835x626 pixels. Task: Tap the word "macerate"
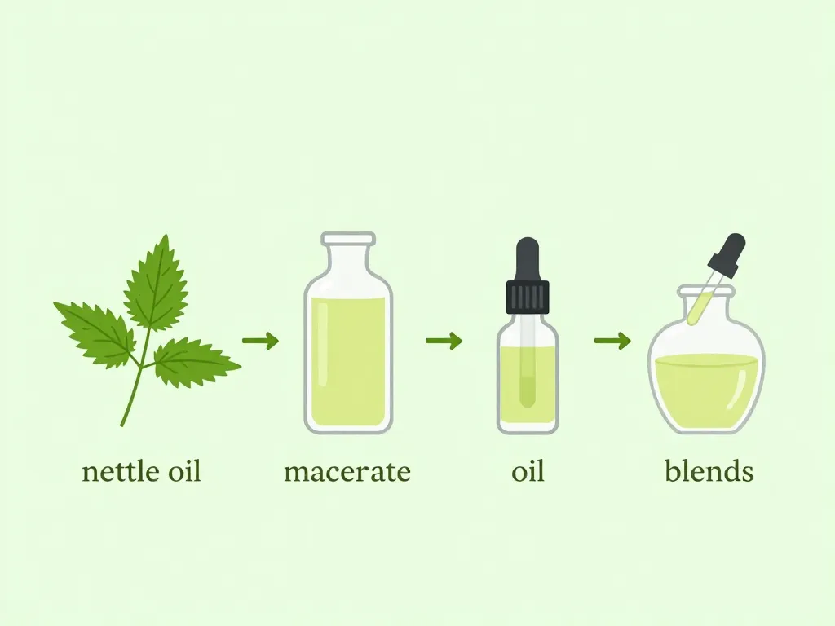coord(347,472)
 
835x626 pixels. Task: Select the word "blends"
coord(709,470)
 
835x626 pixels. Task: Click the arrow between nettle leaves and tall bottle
coord(260,340)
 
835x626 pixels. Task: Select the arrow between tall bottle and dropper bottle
coord(444,340)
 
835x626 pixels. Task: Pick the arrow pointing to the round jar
coord(612,340)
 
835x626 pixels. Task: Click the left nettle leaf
coord(96,331)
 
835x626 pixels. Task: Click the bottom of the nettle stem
coord(122,425)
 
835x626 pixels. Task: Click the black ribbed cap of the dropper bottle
coord(528,298)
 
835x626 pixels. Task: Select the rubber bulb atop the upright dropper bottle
coord(528,259)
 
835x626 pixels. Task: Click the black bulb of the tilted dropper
coord(727,255)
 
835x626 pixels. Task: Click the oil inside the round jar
coord(706,390)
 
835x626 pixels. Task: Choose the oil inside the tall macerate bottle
coord(347,361)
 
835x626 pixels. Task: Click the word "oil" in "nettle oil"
coord(184,472)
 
